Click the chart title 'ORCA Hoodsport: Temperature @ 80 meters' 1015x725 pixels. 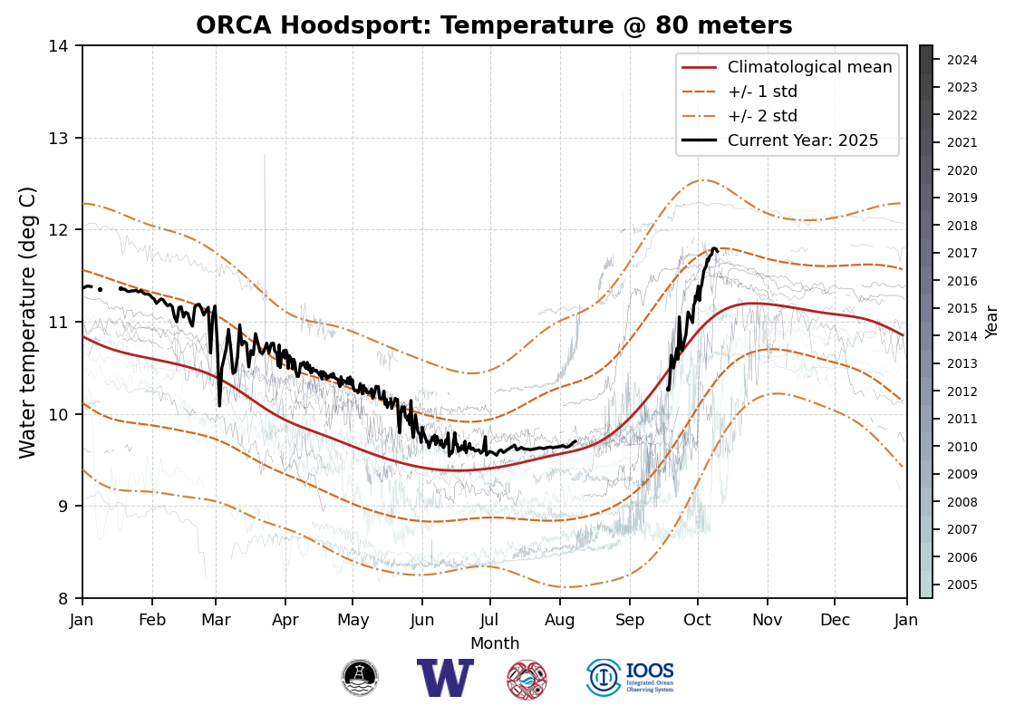[494, 25]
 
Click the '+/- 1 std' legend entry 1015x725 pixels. [762, 92]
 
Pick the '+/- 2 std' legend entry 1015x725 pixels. [762, 116]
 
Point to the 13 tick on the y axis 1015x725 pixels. [63, 139]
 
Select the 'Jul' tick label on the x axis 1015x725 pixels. [490, 620]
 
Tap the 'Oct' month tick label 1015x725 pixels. [697, 620]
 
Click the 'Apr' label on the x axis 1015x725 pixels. [285, 620]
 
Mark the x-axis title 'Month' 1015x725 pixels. [495, 644]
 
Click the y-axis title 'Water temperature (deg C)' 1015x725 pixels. [28, 322]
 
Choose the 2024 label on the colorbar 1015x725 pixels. [962, 61]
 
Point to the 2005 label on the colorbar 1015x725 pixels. [962, 585]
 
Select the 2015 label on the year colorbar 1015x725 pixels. [962, 309]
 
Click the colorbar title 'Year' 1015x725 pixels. [991, 322]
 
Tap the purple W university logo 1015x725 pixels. [445, 678]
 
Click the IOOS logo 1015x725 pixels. [631, 678]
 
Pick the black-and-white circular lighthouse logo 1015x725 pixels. [360, 678]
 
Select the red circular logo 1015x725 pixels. [527, 679]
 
